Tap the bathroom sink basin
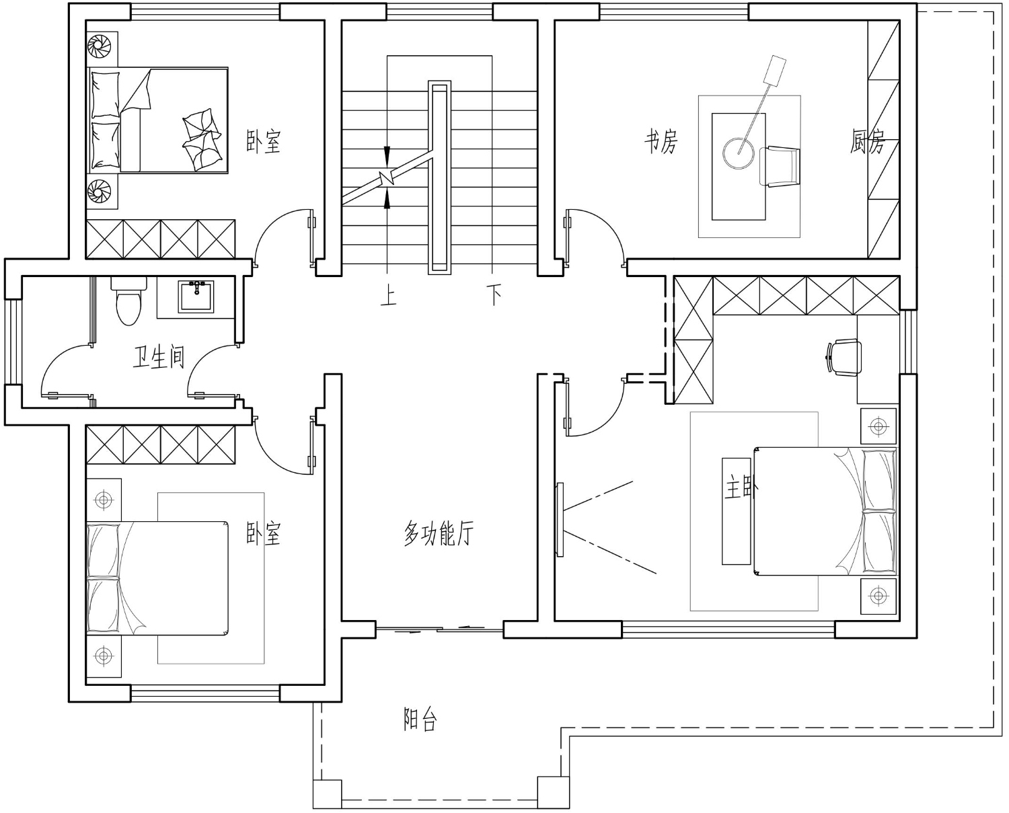point(196,297)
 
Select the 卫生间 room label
point(159,357)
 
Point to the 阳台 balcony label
point(420,720)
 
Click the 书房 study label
point(661,141)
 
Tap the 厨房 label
point(867,141)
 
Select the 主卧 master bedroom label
point(741,487)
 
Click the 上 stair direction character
point(388,297)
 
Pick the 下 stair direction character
point(494,295)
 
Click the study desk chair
point(779,167)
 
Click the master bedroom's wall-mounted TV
point(560,520)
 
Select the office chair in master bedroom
point(844,358)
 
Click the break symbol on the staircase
point(387,178)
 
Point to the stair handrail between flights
point(439,178)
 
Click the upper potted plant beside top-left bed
point(100,47)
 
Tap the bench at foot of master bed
point(736,511)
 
